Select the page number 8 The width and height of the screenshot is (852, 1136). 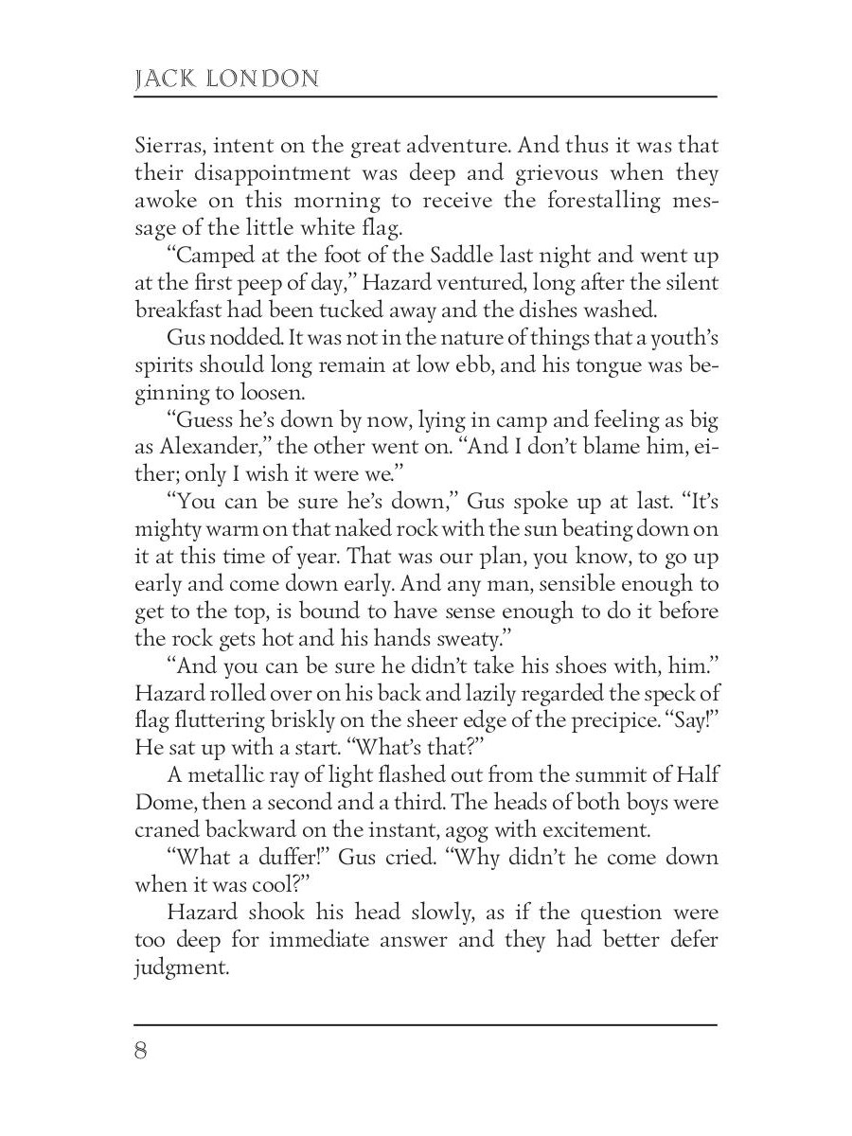(142, 1053)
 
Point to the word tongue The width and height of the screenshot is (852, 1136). (596, 364)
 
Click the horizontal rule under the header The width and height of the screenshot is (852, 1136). (426, 97)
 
